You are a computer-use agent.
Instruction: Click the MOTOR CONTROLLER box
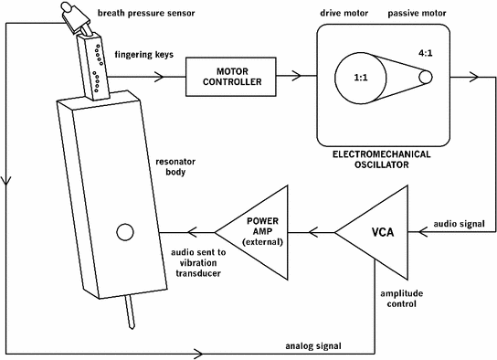point(226,77)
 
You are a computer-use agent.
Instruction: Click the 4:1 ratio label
point(425,53)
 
